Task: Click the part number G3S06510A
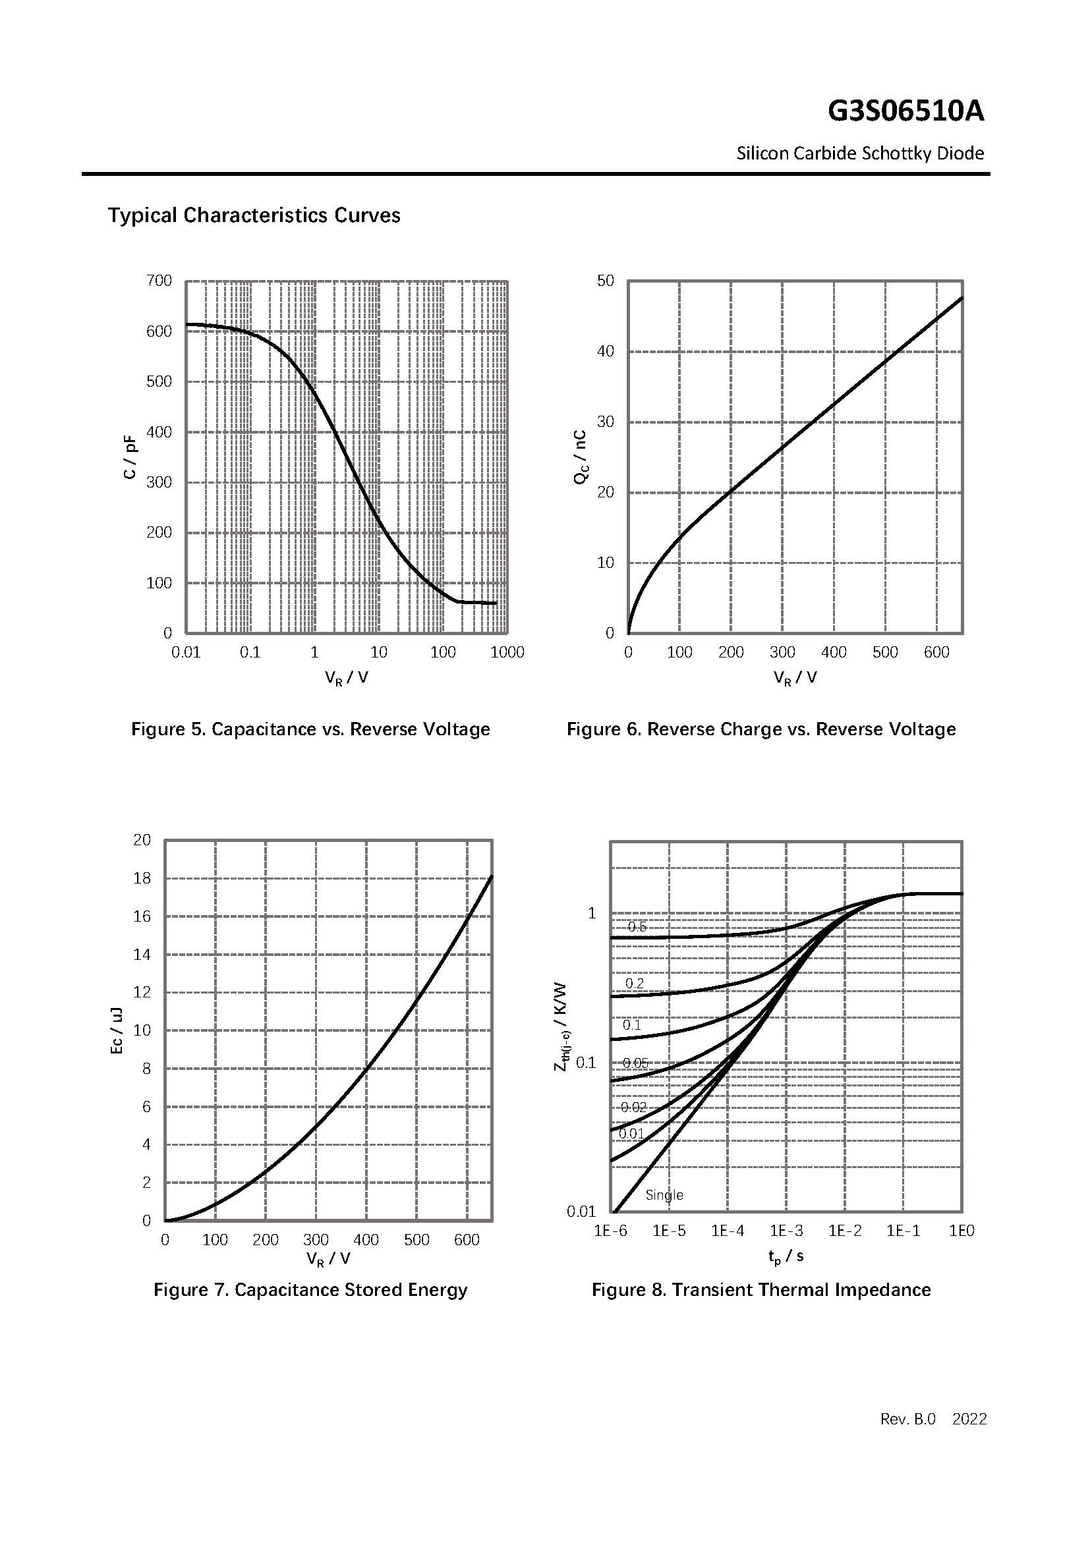click(905, 111)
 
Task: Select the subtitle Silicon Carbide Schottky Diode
click(860, 154)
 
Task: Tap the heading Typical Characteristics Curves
click(254, 215)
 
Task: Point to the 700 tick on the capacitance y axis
click(159, 281)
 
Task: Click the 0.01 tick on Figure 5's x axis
click(186, 652)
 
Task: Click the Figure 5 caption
click(310, 729)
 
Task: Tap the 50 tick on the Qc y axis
click(606, 281)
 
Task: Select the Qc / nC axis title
click(580, 457)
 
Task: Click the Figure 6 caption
click(761, 729)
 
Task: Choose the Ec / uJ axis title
click(116, 1030)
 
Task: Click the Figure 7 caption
click(310, 1289)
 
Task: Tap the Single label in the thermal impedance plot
click(664, 1194)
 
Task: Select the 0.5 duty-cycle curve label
click(637, 927)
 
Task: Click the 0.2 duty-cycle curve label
click(634, 983)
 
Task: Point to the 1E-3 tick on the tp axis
click(786, 1231)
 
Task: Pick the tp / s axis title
click(786, 1255)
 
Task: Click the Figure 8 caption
click(761, 1289)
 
